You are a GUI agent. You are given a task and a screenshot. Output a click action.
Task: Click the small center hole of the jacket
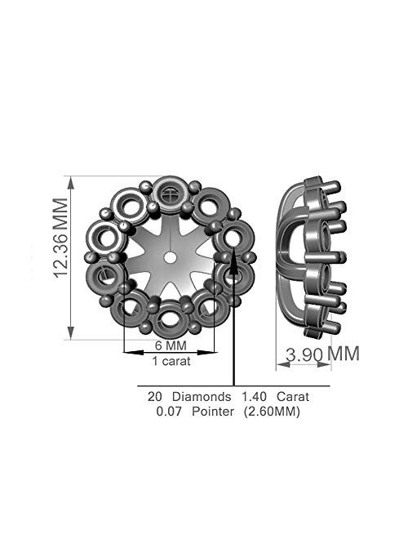171,256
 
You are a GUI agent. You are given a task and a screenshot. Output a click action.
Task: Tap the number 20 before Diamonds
154,396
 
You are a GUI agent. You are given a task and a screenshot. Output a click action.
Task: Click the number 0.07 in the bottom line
170,412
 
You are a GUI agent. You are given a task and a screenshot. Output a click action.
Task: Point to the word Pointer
213,412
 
